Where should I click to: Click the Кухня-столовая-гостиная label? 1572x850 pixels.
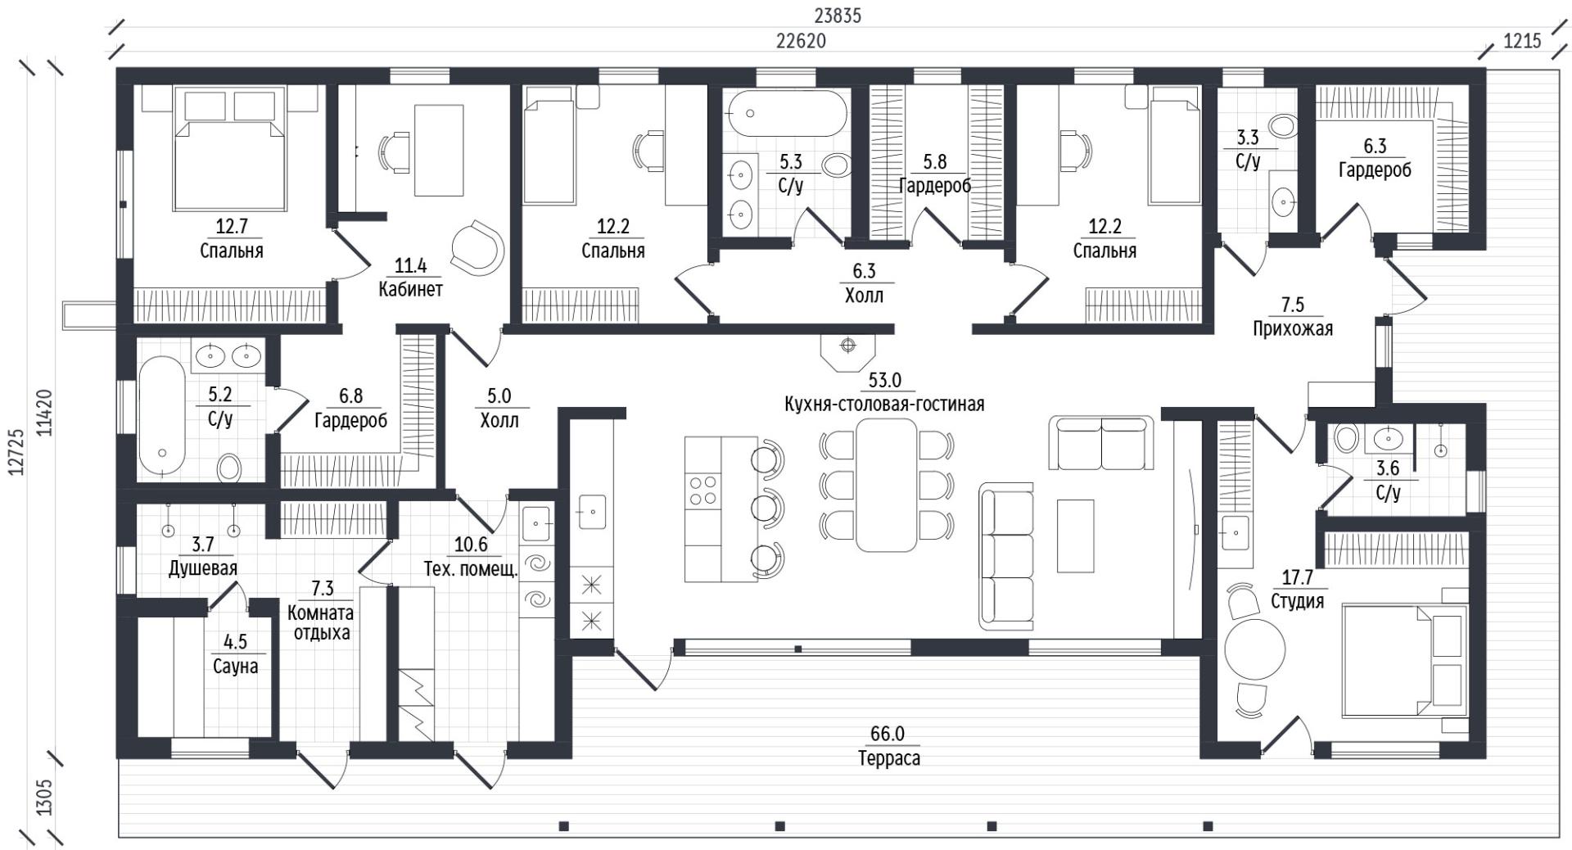click(884, 405)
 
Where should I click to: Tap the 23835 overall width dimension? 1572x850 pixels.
click(838, 16)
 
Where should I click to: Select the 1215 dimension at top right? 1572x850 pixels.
click(1522, 41)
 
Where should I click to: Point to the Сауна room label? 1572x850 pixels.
click(235, 667)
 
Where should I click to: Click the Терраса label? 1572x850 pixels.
click(888, 759)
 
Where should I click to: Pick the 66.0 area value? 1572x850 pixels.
click(888, 735)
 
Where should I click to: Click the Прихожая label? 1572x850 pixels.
click(1293, 329)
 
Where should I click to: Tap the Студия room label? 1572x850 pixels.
click(1297, 602)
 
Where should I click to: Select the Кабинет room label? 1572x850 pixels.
click(410, 289)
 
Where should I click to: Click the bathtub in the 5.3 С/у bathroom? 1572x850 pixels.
click(787, 114)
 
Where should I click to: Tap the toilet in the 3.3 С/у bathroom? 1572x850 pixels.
click(1281, 126)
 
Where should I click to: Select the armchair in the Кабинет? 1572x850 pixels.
click(478, 246)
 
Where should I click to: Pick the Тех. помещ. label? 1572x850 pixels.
click(471, 569)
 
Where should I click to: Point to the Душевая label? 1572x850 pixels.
click(203, 569)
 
